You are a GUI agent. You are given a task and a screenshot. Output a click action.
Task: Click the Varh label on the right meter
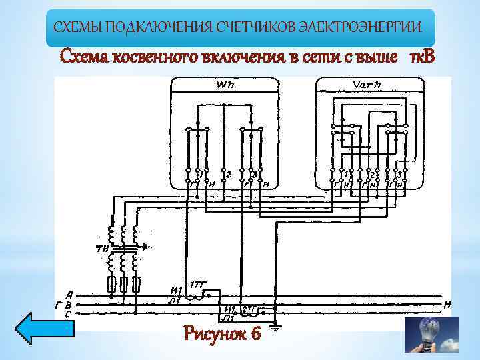click(x=369, y=85)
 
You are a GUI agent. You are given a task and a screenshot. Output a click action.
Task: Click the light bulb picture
click(x=431, y=334)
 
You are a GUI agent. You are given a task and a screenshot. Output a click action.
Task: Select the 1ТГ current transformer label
click(x=198, y=284)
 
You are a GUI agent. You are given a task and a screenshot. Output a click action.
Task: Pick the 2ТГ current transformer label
click(x=249, y=309)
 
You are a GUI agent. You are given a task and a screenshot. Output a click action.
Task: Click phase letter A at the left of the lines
click(x=69, y=294)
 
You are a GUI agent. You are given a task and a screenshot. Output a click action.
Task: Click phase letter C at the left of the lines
click(x=69, y=313)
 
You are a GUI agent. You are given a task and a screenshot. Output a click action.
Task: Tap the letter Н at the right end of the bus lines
click(x=447, y=305)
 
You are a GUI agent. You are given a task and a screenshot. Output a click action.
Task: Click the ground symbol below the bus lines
click(x=274, y=327)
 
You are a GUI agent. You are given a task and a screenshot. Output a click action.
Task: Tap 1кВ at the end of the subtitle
click(x=422, y=57)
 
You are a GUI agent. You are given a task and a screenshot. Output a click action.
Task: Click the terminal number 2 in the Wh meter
click(x=228, y=175)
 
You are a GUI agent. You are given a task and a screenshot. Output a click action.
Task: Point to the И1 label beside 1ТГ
click(x=177, y=290)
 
